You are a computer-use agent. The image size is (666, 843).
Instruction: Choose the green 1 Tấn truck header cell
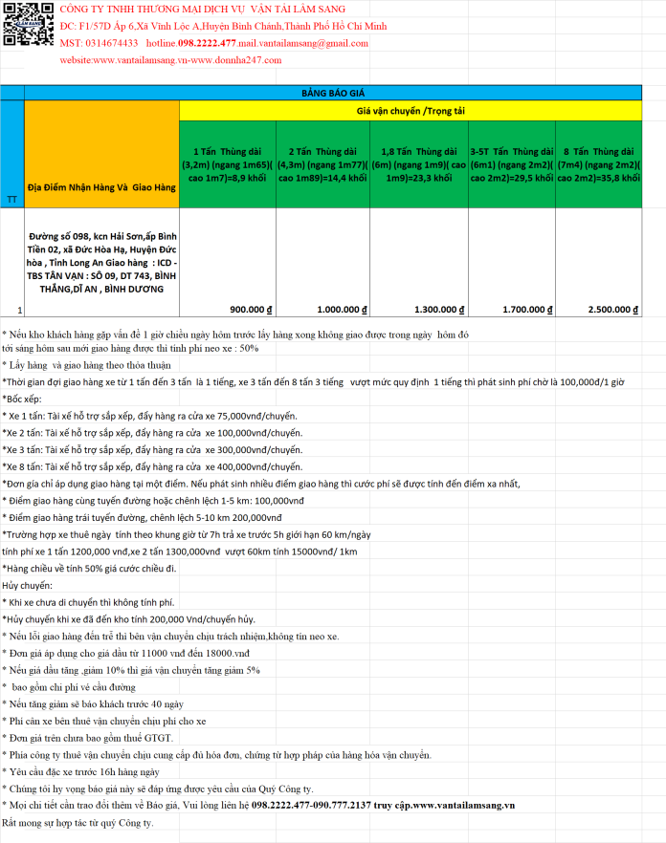[x=227, y=163]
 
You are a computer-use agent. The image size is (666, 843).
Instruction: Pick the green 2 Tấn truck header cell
[x=322, y=163]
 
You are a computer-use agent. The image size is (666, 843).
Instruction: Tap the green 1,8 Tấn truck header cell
[x=419, y=163]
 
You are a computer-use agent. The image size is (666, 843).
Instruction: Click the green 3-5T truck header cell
[x=511, y=163]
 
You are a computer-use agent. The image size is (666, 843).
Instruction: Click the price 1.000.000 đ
[x=343, y=310]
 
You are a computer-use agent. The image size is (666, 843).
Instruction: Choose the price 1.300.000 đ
[x=439, y=310]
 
